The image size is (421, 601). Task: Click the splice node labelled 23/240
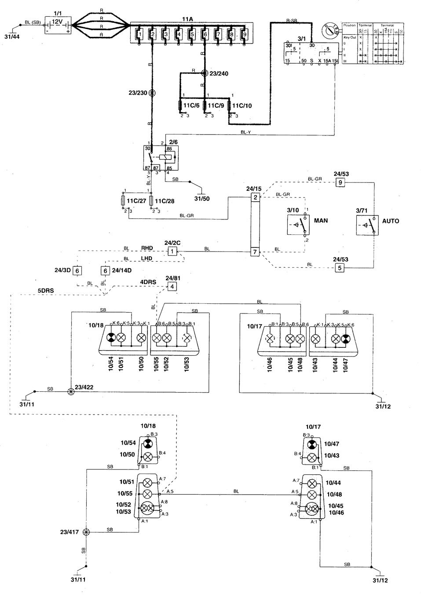click(204, 73)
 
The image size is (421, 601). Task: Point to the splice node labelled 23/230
click(152, 93)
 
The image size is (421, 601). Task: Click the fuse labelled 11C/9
click(205, 106)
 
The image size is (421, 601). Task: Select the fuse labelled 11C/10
click(229, 106)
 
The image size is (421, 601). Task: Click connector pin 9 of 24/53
click(339, 182)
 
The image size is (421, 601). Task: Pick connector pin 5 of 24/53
click(339, 268)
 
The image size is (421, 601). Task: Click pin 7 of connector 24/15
click(255, 252)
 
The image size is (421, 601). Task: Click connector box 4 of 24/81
click(172, 286)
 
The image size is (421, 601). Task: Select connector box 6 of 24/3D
click(77, 271)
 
